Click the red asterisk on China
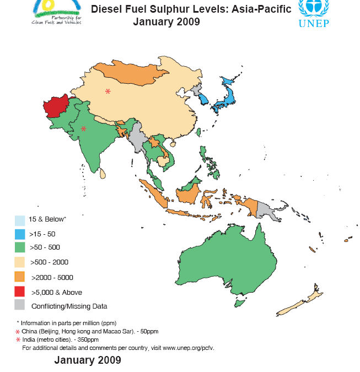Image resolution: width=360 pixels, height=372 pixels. [x=108, y=91]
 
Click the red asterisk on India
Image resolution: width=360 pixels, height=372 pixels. [x=84, y=129]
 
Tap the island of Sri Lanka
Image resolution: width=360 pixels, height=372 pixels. [x=103, y=175]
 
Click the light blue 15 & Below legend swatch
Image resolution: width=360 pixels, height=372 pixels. [x=20, y=219]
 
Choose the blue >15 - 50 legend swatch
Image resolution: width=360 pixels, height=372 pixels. [x=20, y=233]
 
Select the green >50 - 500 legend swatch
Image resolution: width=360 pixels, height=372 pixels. [x=20, y=248]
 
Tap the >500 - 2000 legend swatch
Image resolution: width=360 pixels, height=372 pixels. [x=20, y=262]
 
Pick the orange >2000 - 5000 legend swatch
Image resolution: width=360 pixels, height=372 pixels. [x=20, y=277]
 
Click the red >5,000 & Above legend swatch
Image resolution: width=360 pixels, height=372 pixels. [x=20, y=292]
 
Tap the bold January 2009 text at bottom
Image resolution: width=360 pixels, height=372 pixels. [x=87, y=360]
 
